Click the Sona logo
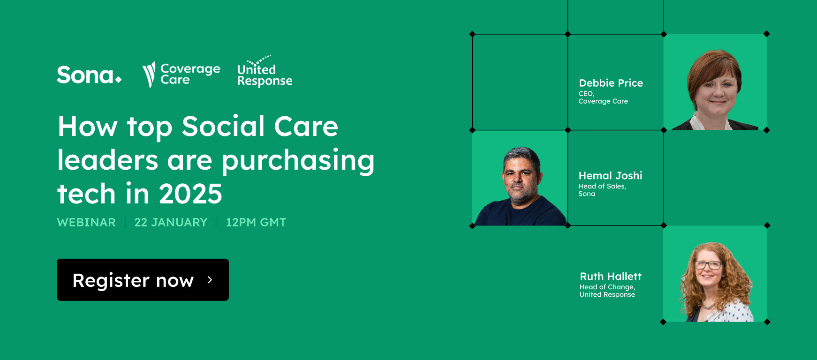tap(89, 75)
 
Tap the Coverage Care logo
tap(181, 74)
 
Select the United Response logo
tap(265, 73)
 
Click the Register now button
tap(143, 280)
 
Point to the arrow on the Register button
tap(210, 280)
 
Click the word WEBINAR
tap(86, 222)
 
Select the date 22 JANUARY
tap(171, 222)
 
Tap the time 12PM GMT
tap(256, 222)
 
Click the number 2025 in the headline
tap(190, 194)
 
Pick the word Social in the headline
tap(223, 127)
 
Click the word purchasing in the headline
tap(298, 161)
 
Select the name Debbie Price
tap(611, 83)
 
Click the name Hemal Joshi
tap(610, 176)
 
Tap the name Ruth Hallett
tap(610, 277)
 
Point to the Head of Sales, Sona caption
tap(602, 190)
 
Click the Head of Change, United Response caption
tap(607, 291)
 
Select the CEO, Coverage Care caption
tap(603, 97)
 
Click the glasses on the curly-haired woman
tap(708, 265)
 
